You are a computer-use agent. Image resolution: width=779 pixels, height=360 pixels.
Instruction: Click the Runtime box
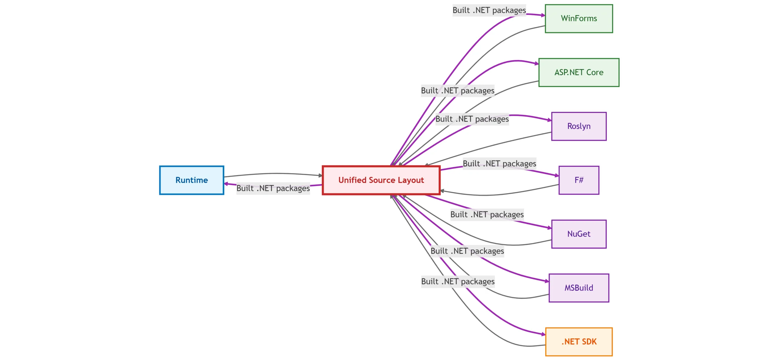click(191, 180)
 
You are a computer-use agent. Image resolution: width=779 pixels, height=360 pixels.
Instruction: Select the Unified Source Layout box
click(381, 180)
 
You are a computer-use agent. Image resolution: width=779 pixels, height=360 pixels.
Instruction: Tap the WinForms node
click(579, 18)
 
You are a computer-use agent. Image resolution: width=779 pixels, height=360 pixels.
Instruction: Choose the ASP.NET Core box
click(579, 72)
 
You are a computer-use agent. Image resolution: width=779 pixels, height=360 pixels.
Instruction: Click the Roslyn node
click(579, 126)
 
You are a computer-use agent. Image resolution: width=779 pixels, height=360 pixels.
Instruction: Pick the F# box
click(579, 180)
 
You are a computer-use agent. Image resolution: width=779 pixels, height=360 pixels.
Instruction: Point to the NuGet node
click(579, 234)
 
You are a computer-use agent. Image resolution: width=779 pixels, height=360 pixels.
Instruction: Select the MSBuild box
click(579, 288)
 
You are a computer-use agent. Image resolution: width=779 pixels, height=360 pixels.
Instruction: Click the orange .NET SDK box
click(579, 342)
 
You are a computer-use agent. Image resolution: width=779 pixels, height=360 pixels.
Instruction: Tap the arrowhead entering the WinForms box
click(543, 15)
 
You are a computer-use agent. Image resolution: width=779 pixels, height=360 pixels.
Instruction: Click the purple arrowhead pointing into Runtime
click(226, 184)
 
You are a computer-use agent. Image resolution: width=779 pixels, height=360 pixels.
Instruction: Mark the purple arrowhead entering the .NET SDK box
click(543, 334)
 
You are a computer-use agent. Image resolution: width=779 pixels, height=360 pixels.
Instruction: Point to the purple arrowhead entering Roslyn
click(549, 120)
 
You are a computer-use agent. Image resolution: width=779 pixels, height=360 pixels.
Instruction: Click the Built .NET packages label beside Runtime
click(273, 188)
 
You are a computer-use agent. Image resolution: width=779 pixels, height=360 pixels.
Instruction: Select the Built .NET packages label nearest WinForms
click(489, 10)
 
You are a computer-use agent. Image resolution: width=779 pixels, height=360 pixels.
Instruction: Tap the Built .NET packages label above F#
click(499, 163)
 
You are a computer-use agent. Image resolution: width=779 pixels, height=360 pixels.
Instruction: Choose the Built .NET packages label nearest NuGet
click(487, 215)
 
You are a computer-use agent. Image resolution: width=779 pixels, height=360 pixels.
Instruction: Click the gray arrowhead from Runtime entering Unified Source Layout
click(320, 176)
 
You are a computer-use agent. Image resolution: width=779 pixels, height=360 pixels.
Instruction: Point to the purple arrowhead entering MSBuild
click(547, 281)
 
